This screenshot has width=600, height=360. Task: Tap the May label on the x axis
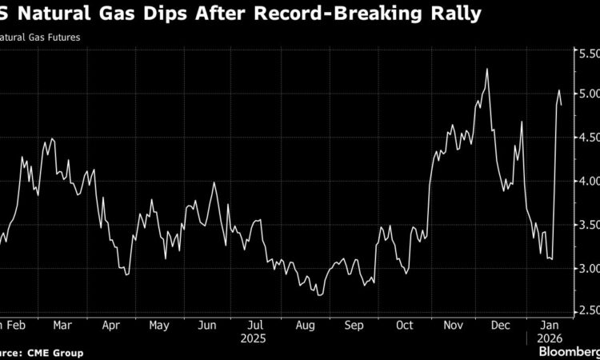[158, 326]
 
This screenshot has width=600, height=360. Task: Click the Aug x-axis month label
[305, 326]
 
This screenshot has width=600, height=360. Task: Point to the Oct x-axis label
[405, 326]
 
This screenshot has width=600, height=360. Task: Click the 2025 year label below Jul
[256, 338]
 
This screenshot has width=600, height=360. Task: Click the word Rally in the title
[455, 14]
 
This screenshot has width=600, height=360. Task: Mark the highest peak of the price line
[486, 69]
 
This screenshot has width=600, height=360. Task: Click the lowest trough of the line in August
[320, 295]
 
